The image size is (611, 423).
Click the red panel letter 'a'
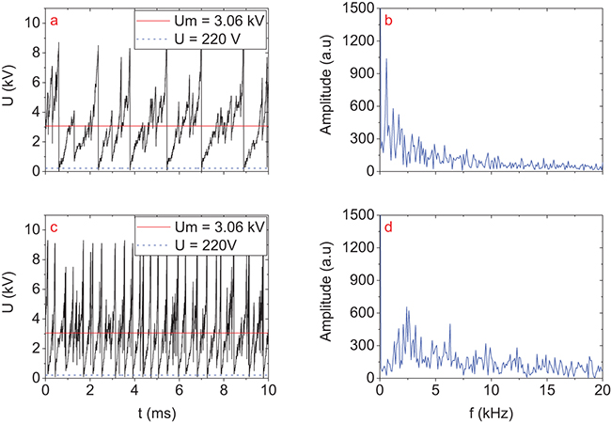click(x=55, y=20)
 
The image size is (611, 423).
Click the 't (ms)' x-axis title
click(x=156, y=411)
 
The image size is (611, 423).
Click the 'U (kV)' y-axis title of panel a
click(x=10, y=89)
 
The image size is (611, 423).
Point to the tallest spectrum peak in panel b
click(x=385, y=60)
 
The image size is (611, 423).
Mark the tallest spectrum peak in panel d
click(x=407, y=307)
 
